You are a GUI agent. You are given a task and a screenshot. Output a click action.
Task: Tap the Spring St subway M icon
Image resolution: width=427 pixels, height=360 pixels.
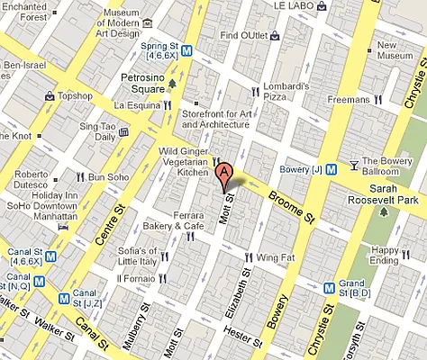tap(186, 51)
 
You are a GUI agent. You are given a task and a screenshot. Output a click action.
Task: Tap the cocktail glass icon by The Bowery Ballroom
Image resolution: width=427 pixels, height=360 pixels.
tap(354, 165)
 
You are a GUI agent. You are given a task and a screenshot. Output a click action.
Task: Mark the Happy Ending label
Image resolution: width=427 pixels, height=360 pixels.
tap(388, 256)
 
